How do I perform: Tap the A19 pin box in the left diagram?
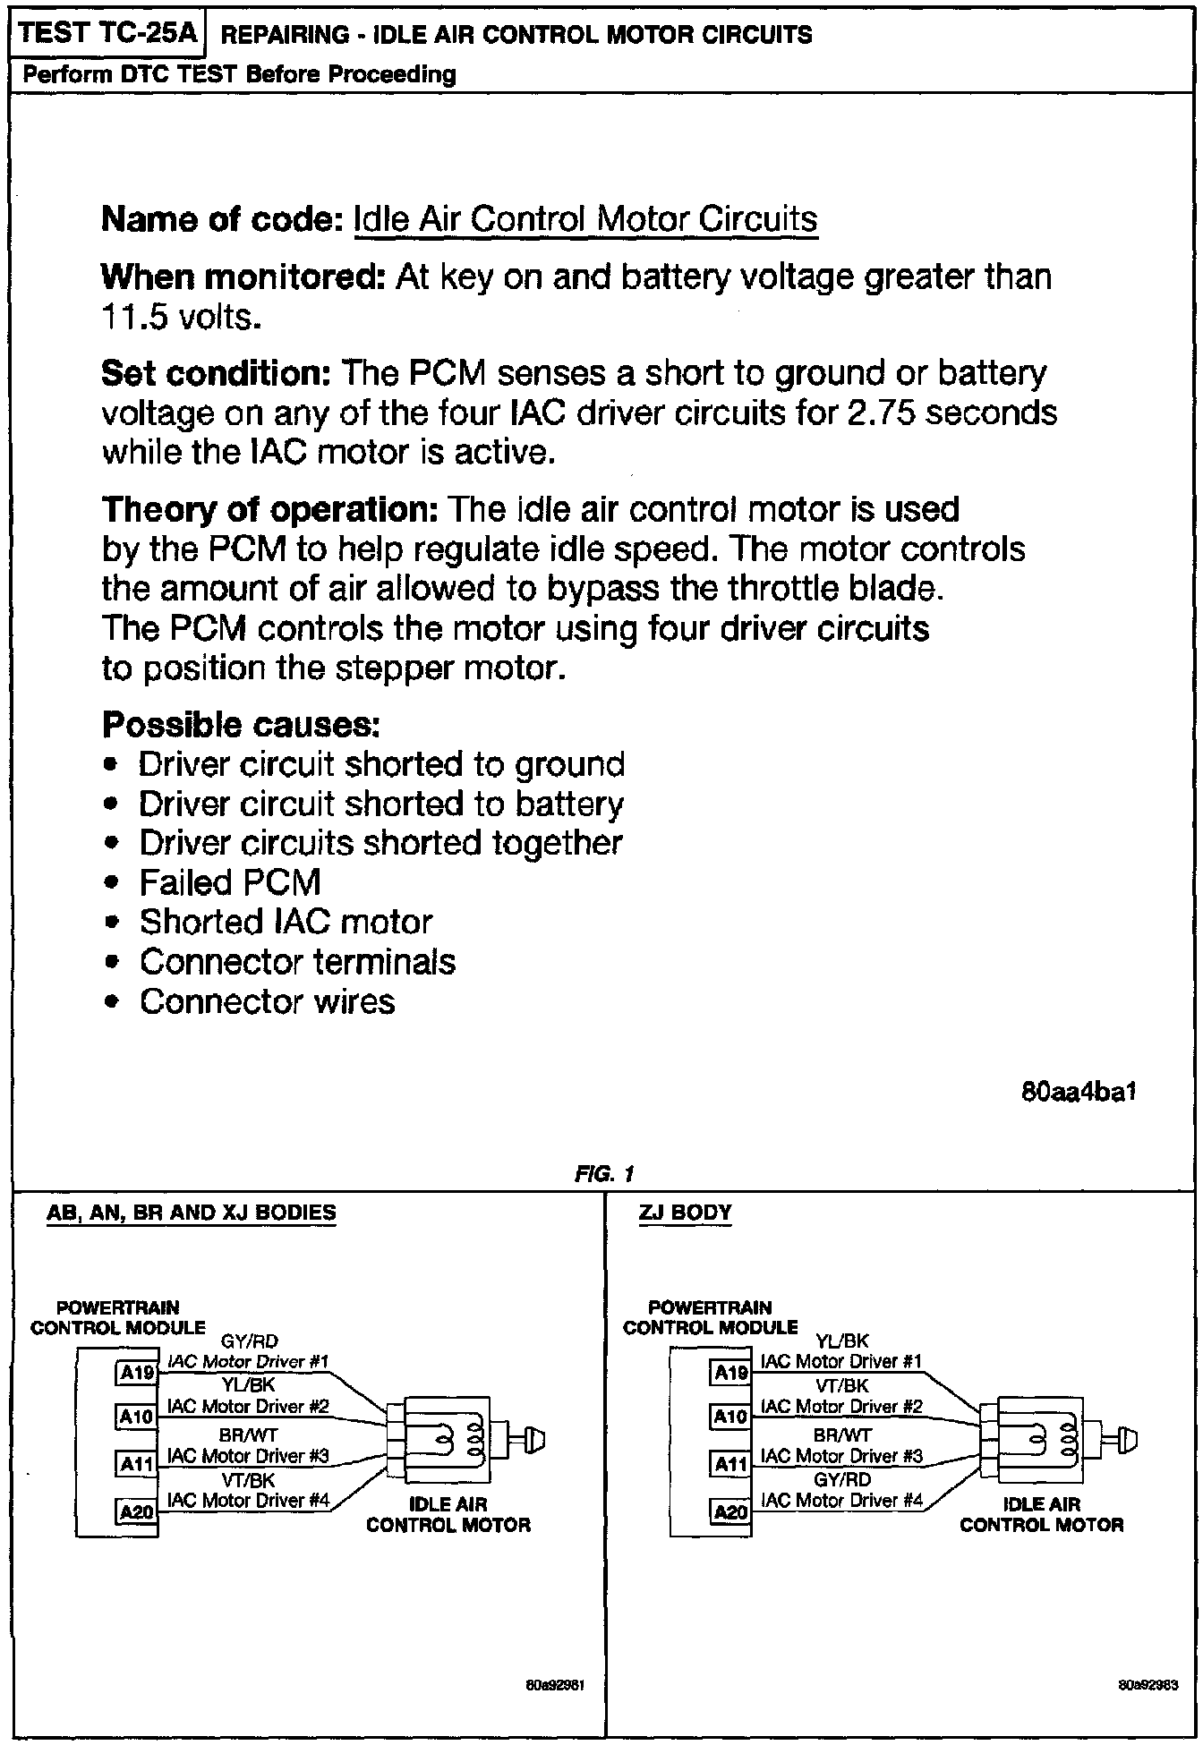tap(137, 1373)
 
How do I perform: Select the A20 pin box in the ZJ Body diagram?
tap(730, 1511)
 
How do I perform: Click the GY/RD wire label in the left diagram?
tap(248, 1341)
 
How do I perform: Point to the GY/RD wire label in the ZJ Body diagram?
tap(842, 1479)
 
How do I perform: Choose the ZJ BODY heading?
tap(685, 1213)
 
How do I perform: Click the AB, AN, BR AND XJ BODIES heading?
tap(192, 1213)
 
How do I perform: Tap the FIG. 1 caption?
tap(604, 1173)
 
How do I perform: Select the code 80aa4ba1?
tap(1079, 1093)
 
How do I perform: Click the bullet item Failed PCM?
tap(230, 883)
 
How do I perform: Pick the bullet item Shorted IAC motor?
tap(286, 923)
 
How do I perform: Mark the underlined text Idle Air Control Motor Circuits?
tap(585, 219)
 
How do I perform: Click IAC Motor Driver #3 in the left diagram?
tap(248, 1456)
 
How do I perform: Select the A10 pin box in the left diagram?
tap(137, 1417)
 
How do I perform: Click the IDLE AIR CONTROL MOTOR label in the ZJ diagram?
tap(1041, 1514)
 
